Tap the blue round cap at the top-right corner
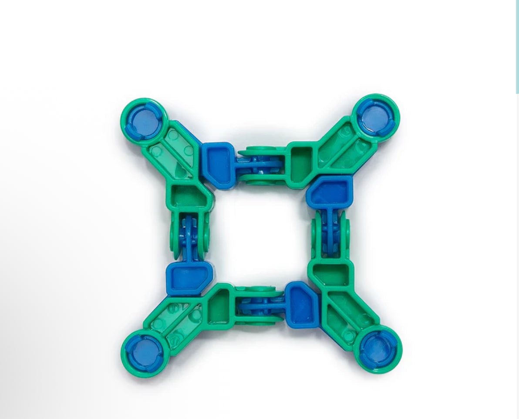(376, 117)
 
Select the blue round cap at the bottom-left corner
(145, 352)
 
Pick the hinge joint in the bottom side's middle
(260, 306)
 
